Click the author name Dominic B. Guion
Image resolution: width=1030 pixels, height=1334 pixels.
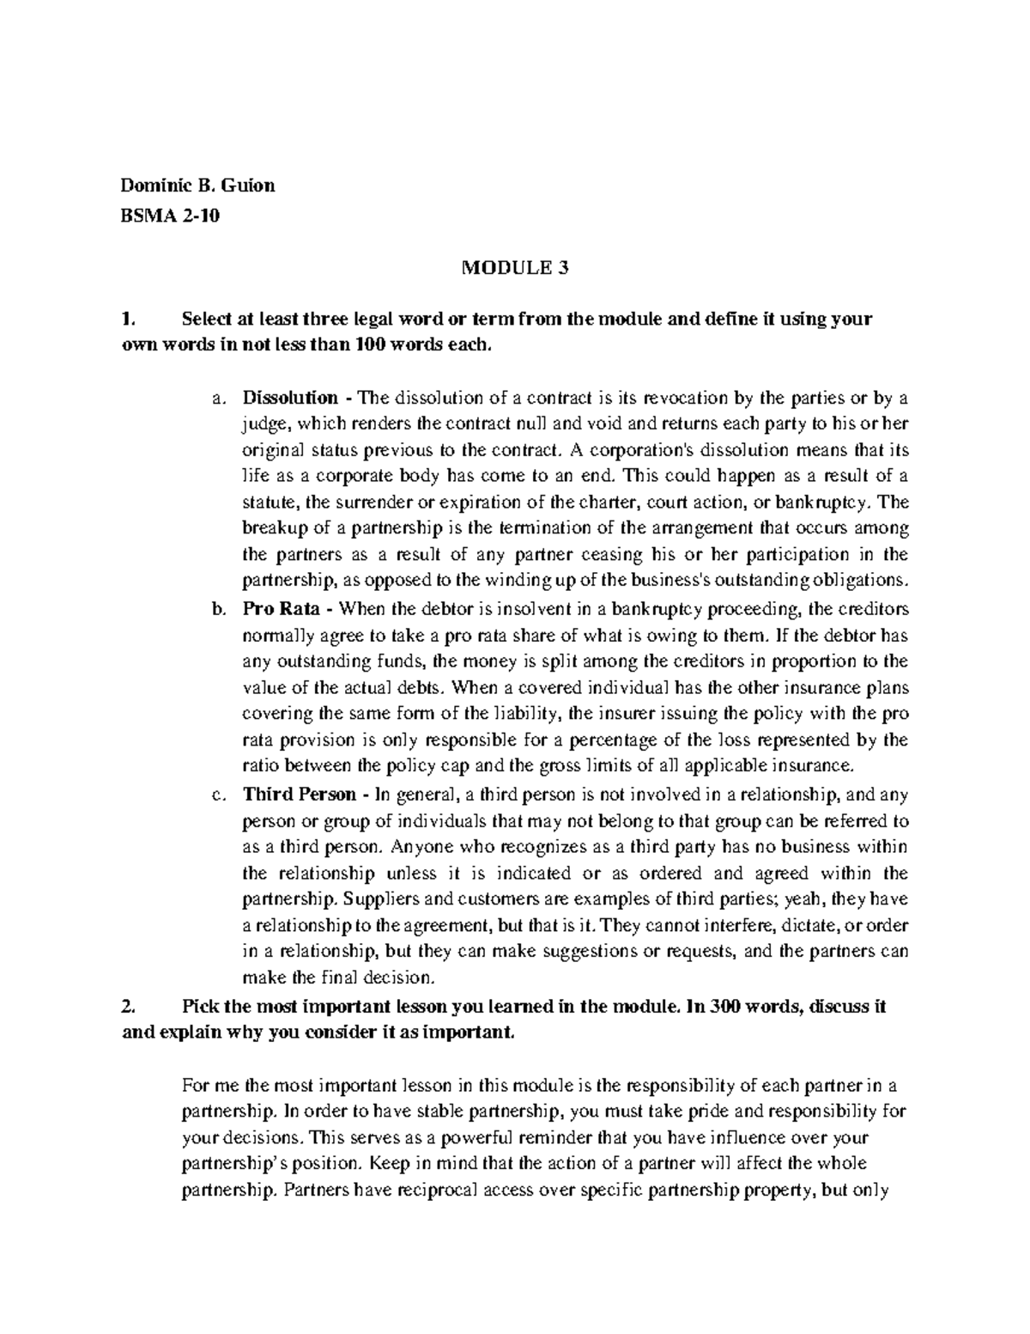(197, 186)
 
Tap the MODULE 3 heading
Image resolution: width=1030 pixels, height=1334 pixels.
(515, 269)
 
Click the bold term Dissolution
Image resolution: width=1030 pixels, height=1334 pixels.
(290, 399)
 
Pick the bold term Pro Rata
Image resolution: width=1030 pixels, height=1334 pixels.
(282, 610)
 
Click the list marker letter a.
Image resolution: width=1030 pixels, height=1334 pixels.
(215, 399)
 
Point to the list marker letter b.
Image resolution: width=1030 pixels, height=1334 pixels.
(215, 610)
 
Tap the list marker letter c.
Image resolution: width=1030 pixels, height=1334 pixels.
(215, 795)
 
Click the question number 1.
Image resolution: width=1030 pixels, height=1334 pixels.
(128, 320)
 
